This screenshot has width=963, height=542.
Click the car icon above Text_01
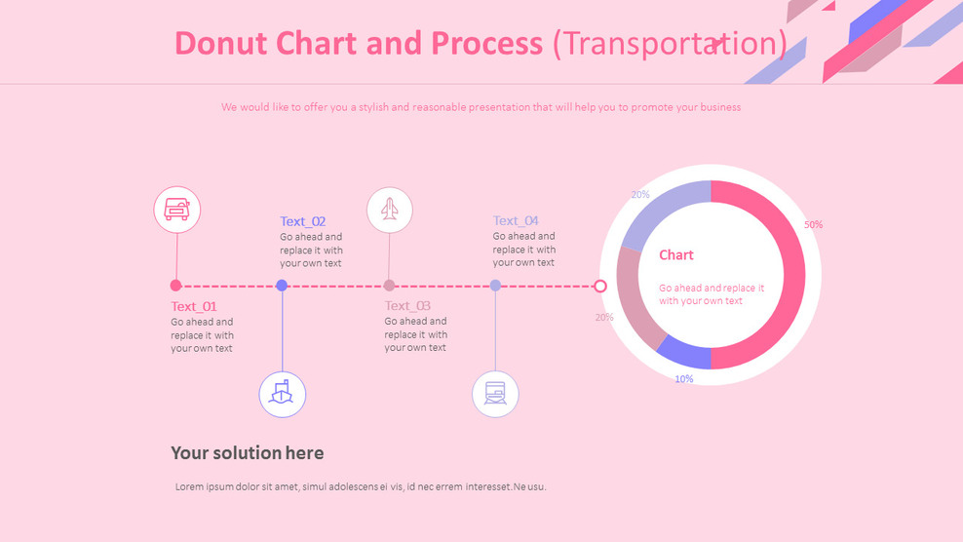(176, 210)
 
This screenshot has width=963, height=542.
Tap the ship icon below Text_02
(283, 394)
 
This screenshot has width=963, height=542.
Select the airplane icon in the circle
(390, 210)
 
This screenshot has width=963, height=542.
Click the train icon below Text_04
(495, 394)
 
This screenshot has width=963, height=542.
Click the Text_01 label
(194, 306)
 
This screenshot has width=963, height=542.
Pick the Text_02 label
(303, 221)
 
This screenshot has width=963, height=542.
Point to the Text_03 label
(407, 306)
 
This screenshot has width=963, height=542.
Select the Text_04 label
(516, 220)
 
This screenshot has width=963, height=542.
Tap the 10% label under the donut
(684, 379)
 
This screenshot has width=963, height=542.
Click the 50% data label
(813, 225)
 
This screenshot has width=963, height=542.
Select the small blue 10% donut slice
(686, 352)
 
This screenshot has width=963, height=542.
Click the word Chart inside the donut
(676, 255)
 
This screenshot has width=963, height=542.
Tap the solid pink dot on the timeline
(175, 286)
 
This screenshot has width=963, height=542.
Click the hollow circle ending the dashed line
(600, 286)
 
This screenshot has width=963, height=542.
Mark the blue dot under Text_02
(282, 286)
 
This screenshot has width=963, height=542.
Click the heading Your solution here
(248, 453)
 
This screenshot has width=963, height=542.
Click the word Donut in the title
(223, 44)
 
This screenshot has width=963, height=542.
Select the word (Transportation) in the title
(670, 44)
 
